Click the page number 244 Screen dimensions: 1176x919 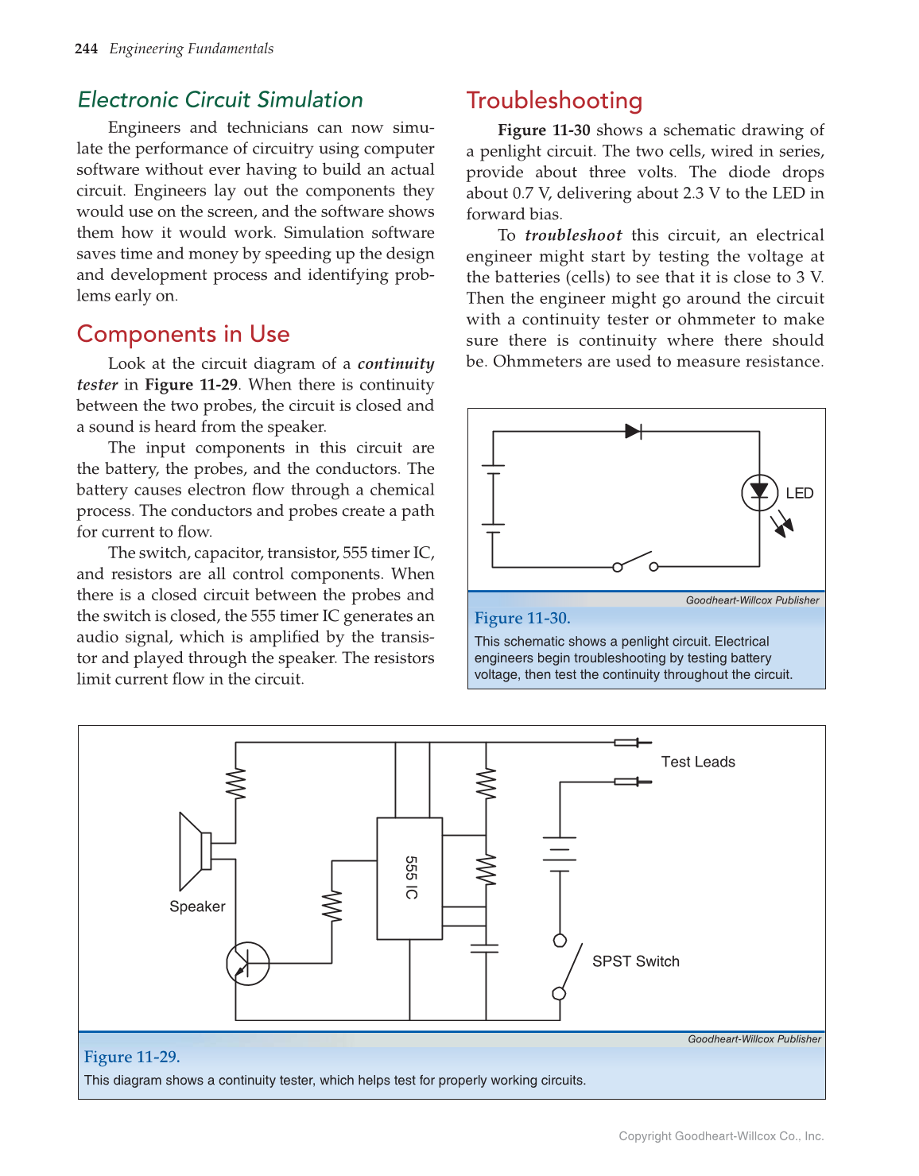(86, 49)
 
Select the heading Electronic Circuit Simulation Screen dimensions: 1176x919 (220, 100)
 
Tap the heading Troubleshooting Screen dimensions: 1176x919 (554, 101)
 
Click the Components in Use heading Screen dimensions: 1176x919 (183, 334)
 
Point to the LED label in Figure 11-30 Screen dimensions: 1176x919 (799, 494)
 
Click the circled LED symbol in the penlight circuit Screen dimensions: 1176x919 (759, 492)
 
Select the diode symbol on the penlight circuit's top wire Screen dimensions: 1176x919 (634, 432)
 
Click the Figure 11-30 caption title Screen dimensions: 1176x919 (522, 619)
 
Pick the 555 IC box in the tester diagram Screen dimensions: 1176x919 (409, 878)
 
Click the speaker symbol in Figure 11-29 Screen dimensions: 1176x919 (195, 851)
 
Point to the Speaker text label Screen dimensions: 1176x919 (197, 907)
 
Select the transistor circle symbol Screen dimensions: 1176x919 (248, 964)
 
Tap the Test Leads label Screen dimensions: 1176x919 (698, 763)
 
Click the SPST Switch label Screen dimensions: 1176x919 (635, 962)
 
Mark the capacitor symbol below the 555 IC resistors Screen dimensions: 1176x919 (484, 948)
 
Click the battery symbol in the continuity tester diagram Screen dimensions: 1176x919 (560, 854)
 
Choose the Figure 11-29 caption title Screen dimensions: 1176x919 (132, 1058)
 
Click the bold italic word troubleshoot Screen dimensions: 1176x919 (573, 236)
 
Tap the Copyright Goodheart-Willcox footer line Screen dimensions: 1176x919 (721, 1136)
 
